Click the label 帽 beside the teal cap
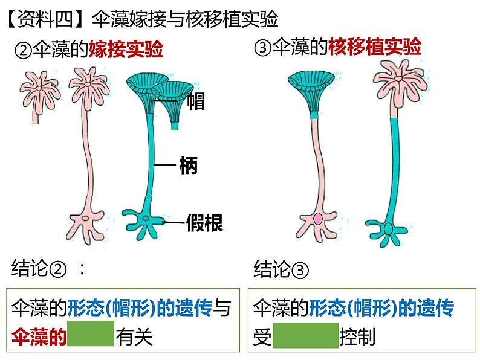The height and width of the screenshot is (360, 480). point(196,101)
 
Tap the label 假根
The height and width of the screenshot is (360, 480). point(204,223)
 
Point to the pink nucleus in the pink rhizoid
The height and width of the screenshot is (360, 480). point(318,219)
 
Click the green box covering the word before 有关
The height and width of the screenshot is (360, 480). point(91,334)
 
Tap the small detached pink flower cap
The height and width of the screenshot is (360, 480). point(38,88)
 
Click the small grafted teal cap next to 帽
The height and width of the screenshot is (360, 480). point(172,97)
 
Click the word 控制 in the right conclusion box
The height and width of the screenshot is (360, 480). point(358,336)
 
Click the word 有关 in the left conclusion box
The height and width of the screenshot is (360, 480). point(135,335)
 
